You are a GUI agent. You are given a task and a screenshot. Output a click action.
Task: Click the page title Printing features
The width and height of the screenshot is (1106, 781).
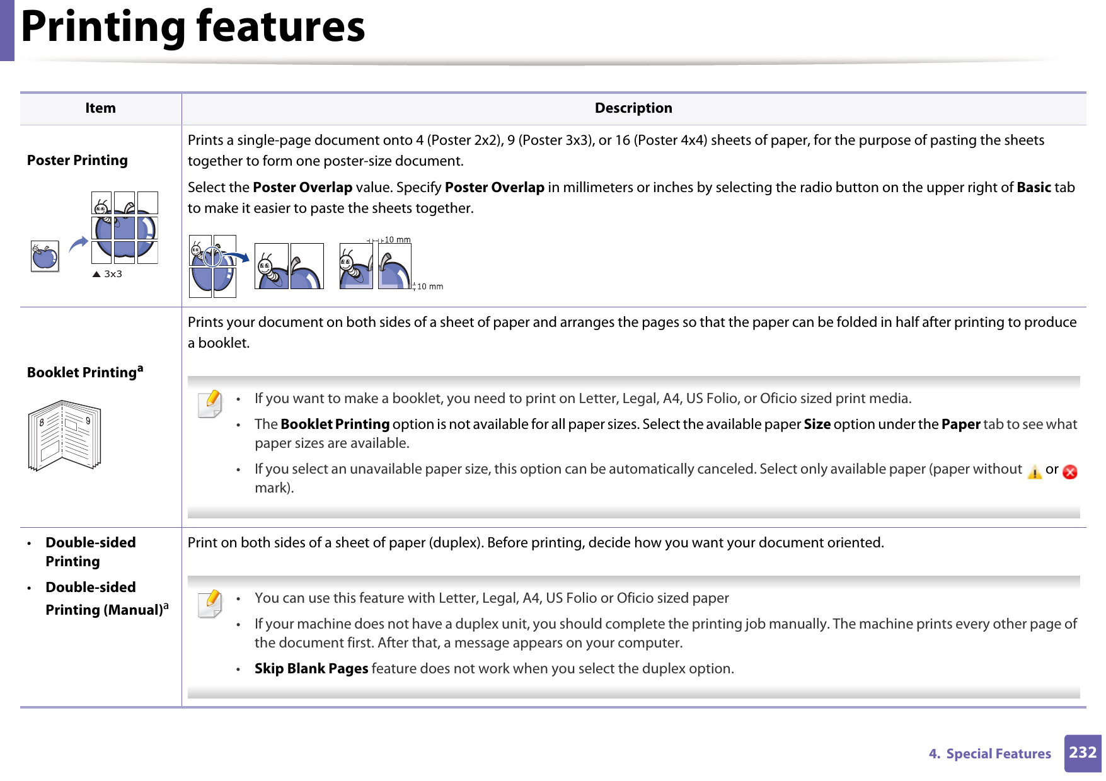[x=193, y=28]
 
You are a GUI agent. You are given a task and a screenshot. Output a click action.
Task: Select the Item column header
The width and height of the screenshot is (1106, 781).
[x=100, y=108]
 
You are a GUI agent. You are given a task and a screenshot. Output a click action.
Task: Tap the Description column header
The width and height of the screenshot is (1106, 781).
[x=633, y=108]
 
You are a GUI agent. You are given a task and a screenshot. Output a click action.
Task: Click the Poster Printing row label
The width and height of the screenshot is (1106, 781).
[x=78, y=161]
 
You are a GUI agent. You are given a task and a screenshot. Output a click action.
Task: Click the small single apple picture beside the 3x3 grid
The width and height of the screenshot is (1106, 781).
[x=45, y=256]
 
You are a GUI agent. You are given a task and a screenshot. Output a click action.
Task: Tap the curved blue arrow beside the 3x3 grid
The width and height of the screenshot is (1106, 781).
[x=79, y=244]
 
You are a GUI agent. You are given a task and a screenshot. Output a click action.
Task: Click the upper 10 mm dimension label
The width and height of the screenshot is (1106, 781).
[x=397, y=240]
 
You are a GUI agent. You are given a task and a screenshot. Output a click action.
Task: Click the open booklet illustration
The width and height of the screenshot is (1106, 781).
[x=64, y=435]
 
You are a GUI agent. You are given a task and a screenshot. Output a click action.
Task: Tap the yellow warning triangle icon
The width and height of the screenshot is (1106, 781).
[x=1034, y=472]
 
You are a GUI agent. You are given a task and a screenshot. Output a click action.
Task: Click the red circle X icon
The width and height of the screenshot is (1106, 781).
[x=1069, y=472]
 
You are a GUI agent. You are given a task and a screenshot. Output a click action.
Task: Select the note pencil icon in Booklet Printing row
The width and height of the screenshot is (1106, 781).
[x=210, y=404]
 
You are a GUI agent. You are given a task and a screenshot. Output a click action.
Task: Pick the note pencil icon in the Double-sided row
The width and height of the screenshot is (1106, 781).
[x=210, y=604]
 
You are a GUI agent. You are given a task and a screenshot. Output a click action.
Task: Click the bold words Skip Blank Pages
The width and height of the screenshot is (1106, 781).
[x=311, y=669]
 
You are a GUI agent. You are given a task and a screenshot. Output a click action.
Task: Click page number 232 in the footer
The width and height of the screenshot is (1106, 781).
[x=1082, y=753]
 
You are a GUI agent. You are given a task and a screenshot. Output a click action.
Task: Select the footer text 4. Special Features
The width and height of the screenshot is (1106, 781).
[x=989, y=754]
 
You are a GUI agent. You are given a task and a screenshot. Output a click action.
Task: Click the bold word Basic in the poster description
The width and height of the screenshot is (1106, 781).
[x=1033, y=188]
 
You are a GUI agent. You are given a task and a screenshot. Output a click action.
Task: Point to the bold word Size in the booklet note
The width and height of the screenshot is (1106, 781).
[x=817, y=425]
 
